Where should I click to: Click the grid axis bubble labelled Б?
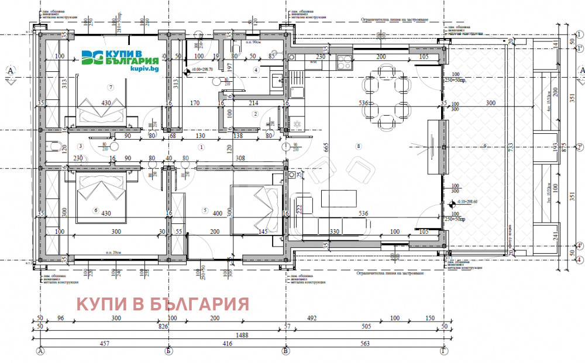pos(168,351)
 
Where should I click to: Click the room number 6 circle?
pos(95,209)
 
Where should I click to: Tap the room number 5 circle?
pos(205,209)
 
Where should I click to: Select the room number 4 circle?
pos(256,70)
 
